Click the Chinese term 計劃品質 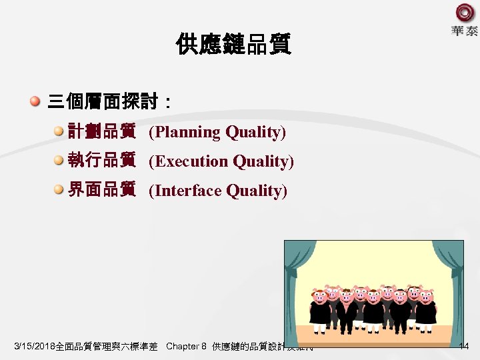(x=102, y=131)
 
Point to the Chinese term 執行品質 (x=102, y=161)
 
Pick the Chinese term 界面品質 (x=102, y=191)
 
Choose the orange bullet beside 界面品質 (x=59, y=190)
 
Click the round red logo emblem (x=464, y=13)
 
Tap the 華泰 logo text (x=464, y=31)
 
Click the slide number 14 (x=464, y=346)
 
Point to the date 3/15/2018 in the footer (x=38, y=347)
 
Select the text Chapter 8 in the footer (x=186, y=347)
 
